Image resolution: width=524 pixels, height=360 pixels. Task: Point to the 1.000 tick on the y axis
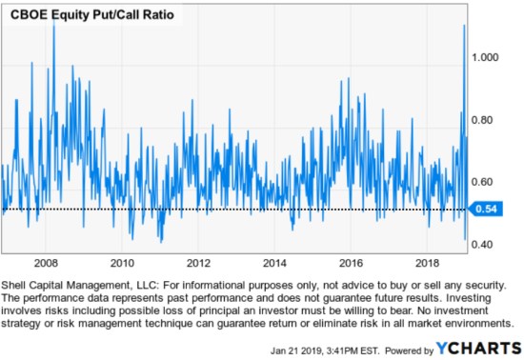point(489,58)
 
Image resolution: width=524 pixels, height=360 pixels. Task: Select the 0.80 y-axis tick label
point(486,120)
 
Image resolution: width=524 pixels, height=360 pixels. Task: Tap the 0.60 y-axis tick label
point(486,182)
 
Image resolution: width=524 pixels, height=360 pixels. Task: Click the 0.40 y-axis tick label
point(486,245)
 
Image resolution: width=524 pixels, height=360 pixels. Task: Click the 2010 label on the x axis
point(122,262)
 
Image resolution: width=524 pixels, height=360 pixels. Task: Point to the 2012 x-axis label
point(198,262)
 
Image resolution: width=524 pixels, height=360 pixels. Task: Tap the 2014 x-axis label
point(274,262)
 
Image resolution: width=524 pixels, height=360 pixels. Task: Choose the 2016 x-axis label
point(351,262)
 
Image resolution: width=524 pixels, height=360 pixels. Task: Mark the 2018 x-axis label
point(427,262)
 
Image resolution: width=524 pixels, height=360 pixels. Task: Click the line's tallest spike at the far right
point(463,27)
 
